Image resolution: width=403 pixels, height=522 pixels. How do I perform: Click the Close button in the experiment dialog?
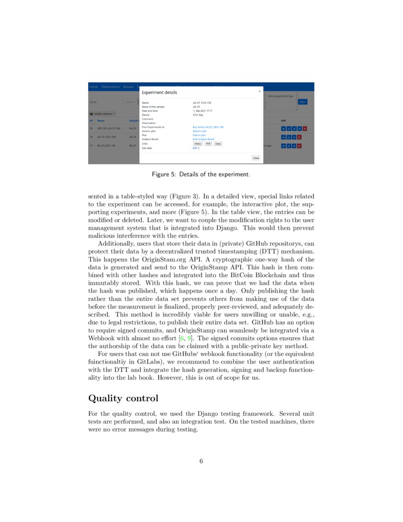[256, 158]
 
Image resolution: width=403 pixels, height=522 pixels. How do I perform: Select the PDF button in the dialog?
[208, 143]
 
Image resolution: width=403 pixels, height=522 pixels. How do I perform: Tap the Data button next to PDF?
[218, 143]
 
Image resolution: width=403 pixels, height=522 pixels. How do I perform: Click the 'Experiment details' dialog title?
[159, 93]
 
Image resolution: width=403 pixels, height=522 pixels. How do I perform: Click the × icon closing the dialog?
[259, 91]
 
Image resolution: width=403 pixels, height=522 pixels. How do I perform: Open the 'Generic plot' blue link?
[200, 131]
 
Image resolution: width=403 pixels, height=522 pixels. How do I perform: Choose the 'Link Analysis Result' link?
[203, 139]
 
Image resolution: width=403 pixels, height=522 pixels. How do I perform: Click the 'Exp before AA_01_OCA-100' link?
[208, 127]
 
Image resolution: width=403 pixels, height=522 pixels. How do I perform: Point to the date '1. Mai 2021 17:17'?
[202, 111]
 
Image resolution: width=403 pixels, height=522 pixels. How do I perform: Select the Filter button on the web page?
[302, 102]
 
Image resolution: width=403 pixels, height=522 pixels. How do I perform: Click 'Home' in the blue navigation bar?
[94, 87]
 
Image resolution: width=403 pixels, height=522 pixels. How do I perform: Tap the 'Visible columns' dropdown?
[102, 114]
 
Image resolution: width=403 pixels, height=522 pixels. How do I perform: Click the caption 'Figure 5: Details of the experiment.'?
[201, 175]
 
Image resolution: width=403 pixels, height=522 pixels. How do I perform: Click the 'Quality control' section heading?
[123, 398]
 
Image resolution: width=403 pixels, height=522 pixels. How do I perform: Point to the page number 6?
[201, 461]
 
